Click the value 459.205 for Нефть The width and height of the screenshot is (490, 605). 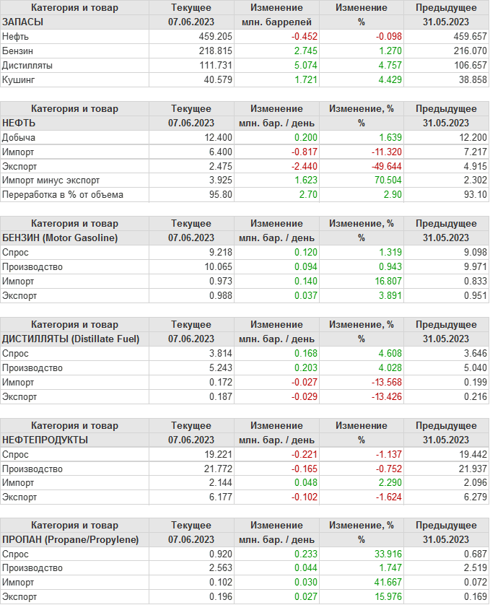(x=215, y=36)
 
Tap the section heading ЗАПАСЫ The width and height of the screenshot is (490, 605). (x=23, y=22)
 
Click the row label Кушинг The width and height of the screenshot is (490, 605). (x=19, y=79)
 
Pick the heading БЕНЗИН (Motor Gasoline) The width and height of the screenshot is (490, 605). (x=60, y=238)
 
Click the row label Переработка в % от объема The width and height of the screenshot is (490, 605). (x=63, y=195)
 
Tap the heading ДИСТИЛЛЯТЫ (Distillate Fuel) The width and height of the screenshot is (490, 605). (x=71, y=339)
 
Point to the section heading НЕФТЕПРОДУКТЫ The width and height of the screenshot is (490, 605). (x=45, y=440)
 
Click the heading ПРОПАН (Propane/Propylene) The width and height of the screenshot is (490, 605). (x=70, y=540)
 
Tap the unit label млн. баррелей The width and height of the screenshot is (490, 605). (x=276, y=22)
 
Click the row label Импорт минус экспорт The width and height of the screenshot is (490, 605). (x=51, y=180)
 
